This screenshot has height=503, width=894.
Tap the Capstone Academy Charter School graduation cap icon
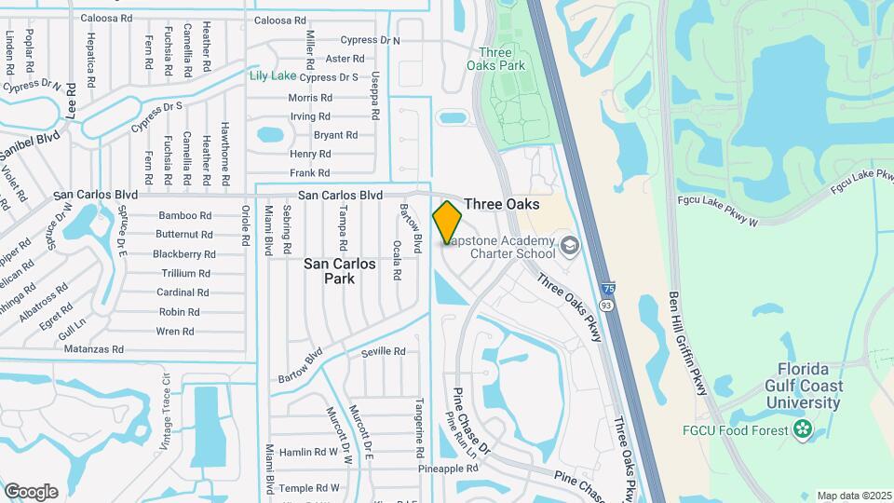click(569, 246)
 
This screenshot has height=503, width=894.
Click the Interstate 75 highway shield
click(607, 291)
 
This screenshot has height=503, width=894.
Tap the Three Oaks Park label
click(501, 59)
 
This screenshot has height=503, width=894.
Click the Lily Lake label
click(272, 76)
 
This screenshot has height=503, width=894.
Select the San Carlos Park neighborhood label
click(340, 270)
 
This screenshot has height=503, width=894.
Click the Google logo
click(31, 491)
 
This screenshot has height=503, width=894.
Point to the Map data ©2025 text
click(852, 496)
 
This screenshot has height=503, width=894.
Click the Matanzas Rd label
click(94, 350)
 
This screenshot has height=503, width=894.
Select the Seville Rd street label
click(384, 351)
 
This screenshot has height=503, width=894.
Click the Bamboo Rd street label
click(183, 215)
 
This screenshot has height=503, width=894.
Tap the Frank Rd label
click(310, 173)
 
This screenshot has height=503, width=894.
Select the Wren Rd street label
click(175, 332)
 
